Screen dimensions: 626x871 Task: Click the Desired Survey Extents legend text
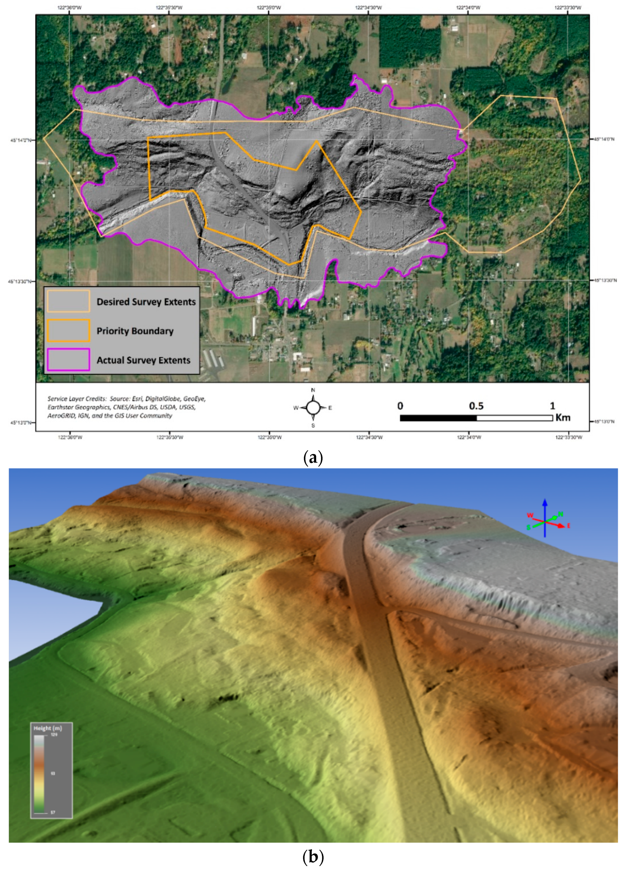[146, 302]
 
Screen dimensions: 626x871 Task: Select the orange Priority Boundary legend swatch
[68, 331]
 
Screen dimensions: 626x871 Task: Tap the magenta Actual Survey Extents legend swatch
[68, 360]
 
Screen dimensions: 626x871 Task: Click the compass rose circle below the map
[313, 408]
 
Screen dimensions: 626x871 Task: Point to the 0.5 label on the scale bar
[476, 406]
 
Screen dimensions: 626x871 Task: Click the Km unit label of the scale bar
[563, 418]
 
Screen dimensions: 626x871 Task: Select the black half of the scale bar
[438, 418]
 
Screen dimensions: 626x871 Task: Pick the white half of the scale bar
[514, 418]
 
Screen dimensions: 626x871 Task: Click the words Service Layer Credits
[77, 398]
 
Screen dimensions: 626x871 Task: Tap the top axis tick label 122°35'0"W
[269, 7]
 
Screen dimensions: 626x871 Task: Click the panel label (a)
[313, 458]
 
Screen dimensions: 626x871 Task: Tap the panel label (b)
[313, 860]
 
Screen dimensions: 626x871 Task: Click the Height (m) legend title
[48, 728]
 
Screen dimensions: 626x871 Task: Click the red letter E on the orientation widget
[568, 526]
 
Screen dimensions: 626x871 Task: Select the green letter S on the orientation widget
[528, 528]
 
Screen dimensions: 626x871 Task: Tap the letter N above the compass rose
[313, 390]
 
